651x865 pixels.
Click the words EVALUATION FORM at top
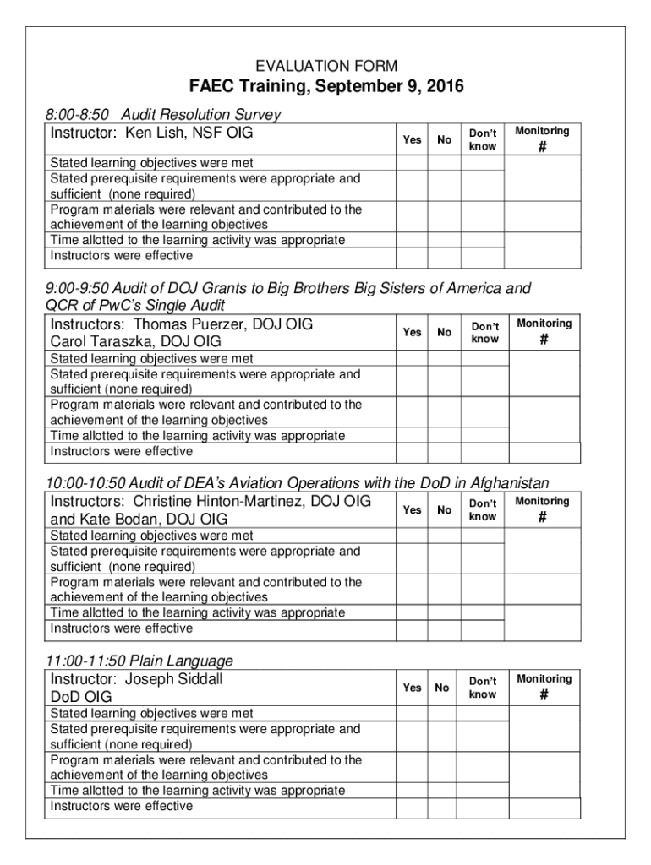pyautogui.click(x=326, y=66)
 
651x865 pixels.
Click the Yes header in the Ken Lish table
pyautogui.click(x=412, y=139)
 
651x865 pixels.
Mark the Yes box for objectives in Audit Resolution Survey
pyautogui.click(x=412, y=163)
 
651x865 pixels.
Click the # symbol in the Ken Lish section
pyautogui.click(x=543, y=148)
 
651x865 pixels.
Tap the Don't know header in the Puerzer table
pyautogui.click(x=485, y=333)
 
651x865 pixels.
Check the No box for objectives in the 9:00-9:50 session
pyautogui.click(x=443, y=358)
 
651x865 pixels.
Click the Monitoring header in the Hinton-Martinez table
pyautogui.click(x=543, y=502)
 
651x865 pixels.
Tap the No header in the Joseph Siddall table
pyautogui.click(x=442, y=688)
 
